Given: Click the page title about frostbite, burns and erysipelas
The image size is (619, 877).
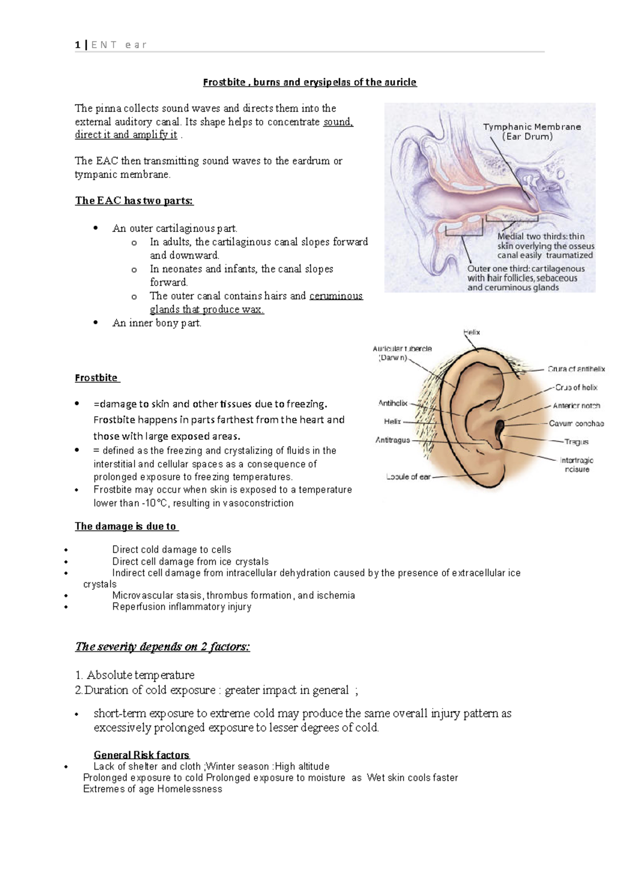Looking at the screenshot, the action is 309,82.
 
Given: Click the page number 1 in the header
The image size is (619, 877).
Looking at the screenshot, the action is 77,45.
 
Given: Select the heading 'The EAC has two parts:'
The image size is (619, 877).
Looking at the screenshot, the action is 134,200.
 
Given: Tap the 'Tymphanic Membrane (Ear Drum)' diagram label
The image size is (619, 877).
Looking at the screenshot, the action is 531,132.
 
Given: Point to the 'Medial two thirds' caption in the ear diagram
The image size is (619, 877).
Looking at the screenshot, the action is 545,245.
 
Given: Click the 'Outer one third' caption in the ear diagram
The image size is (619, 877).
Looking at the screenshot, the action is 526,278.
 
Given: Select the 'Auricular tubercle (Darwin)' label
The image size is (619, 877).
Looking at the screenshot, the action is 402,353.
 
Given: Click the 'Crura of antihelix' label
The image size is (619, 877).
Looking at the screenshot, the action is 576,369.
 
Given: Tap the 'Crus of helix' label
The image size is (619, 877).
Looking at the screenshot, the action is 576,387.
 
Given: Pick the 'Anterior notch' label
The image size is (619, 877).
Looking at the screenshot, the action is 576,406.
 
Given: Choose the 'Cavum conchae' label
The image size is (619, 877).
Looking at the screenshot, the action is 576,424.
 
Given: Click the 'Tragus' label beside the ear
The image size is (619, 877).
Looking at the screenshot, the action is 576,442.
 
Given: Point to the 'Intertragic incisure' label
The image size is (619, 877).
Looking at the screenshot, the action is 577,464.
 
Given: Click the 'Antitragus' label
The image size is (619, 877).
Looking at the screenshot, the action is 393,440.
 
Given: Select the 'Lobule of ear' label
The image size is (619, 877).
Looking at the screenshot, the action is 408,477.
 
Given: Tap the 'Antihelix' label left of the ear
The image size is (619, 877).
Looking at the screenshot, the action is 393,403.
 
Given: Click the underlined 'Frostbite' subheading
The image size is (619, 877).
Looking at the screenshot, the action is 96,378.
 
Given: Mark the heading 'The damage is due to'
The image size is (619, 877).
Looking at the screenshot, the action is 126,526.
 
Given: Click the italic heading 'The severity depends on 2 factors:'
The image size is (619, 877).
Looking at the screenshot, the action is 162,647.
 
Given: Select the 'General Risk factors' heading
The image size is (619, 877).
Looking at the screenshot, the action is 141,755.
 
